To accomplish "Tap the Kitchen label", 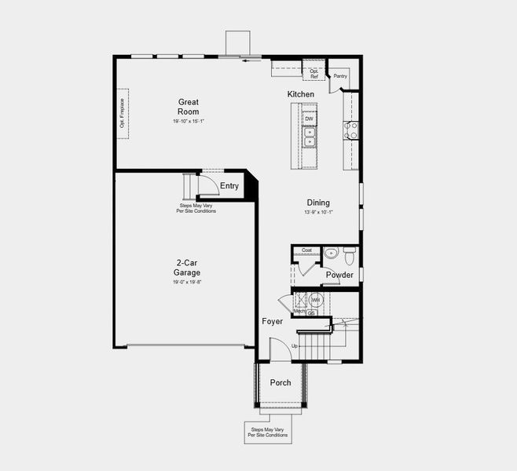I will (300, 94).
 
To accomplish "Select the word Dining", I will (318, 203).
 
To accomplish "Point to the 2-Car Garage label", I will (187, 268).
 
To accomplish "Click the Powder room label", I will (339, 275).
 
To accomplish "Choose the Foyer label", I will (272, 321).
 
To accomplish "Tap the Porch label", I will (280, 383).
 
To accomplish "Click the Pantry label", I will (340, 76).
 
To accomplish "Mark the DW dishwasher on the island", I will (309, 119).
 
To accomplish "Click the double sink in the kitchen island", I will (310, 137).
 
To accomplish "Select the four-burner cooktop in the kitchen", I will (350, 130).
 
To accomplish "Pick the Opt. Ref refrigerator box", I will (314, 73).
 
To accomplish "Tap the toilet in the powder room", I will (349, 254).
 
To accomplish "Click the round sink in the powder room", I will (330, 253).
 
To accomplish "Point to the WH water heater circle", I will (316, 300).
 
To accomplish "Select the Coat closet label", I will (306, 250).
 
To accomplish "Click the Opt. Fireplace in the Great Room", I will (123, 114).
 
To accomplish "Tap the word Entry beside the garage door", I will (229, 186).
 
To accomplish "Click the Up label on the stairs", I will (295, 345).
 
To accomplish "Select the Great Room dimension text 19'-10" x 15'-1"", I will (188, 122).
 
